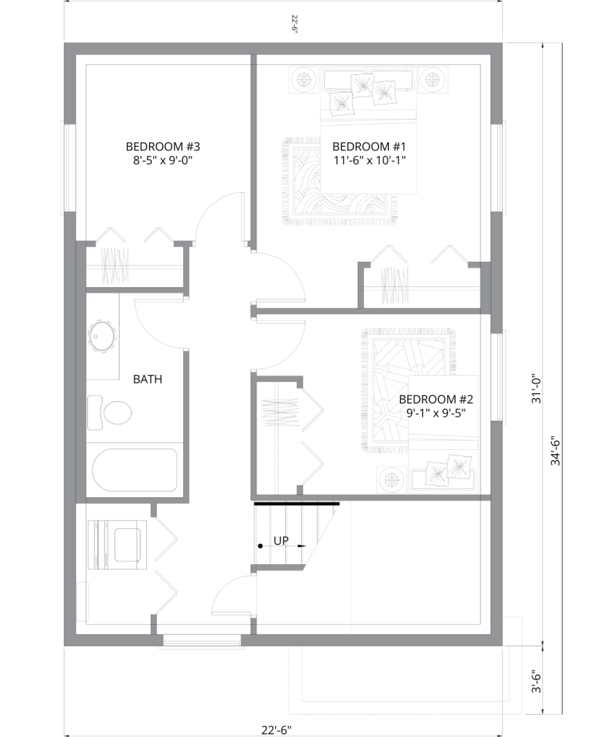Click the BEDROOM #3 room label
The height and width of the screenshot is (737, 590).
point(163,147)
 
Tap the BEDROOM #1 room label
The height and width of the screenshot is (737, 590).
point(369,147)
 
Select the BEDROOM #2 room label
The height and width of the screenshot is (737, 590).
point(436,399)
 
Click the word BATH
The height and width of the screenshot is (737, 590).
point(147,379)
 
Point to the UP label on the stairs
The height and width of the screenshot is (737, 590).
point(281,541)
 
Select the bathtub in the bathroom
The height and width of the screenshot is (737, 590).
point(135,471)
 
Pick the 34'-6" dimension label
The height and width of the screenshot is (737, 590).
point(555,452)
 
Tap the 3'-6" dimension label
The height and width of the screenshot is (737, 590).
point(537,682)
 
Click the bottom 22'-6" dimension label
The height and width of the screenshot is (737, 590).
point(277,730)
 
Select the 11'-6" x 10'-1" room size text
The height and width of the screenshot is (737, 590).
point(370,160)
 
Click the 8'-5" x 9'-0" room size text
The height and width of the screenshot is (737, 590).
point(163,160)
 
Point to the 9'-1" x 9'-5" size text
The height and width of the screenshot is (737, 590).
point(436,413)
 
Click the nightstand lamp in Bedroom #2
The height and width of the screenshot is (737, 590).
point(391,479)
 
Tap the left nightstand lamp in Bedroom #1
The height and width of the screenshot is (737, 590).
point(303,80)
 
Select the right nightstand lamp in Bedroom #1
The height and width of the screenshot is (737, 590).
point(433,80)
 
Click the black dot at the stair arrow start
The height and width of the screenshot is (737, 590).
point(260,546)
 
